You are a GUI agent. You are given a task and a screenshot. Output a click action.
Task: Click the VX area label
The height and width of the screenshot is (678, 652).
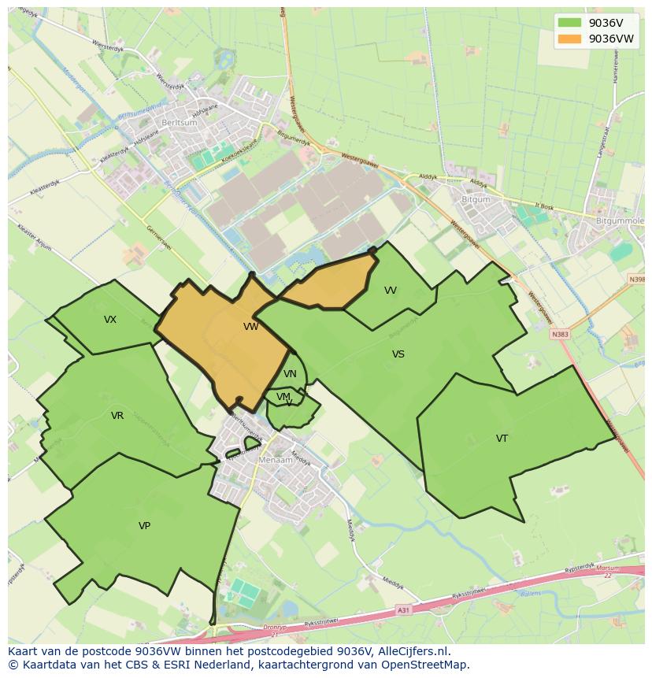pyautogui.click(x=110, y=320)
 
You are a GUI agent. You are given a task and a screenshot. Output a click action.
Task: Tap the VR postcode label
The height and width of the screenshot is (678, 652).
pyautogui.click(x=117, y=416)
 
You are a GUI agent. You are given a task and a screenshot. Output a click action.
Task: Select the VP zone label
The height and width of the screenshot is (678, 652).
pyautogui.click(x=144, y=526)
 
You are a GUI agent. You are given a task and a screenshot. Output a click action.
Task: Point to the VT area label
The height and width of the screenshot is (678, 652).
pyautogui.click(x=502, y=439)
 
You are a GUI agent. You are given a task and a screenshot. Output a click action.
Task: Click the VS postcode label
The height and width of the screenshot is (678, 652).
pyautogui.click(x=398, y=354)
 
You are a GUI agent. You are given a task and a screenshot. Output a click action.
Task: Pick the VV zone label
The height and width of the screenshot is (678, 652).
pyautogui.click(x=391, y=291)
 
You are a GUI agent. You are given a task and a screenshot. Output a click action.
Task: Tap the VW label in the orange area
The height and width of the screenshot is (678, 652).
pyautogui.click(x=250, y=327)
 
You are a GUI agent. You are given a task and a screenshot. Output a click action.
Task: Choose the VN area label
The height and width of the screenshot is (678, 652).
pyautogui.click(x=290, y=374)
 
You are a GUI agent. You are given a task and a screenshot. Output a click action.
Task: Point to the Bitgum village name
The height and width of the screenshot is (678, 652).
pyautogui.click(x=476, y=200)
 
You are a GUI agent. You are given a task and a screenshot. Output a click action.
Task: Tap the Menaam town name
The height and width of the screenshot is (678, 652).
pyautogui.click(x=276, y=460)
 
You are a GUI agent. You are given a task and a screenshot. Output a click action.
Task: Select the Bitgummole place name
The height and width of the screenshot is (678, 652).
pyautogui.click(x=620, y=222)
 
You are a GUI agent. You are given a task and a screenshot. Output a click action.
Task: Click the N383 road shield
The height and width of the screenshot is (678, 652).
pyautogui.click(x=560, y=334)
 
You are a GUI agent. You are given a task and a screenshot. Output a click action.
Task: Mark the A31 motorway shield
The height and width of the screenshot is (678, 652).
pyautogui.click(x=403, y=609)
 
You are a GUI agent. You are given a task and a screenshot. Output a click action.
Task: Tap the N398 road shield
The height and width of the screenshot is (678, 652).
pyautogui.click(x=636, y=280)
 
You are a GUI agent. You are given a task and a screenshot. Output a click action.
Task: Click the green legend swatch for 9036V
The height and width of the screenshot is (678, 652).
pyautogui.click(x=569, y=23)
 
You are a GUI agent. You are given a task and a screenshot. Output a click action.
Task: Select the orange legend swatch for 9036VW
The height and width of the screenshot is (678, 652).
pyautogui.click(x=569, y=39)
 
